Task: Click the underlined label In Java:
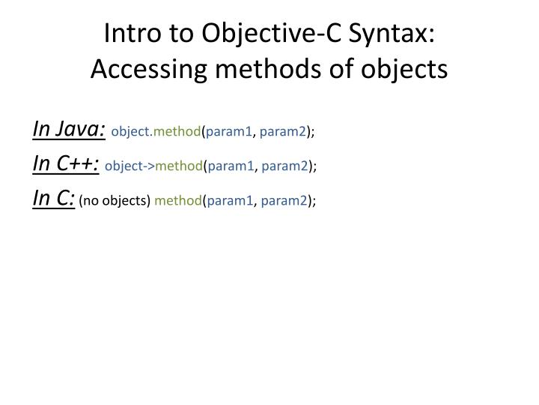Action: [69, 130]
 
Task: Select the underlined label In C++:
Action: [66, 164]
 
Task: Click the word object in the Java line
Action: [130, 132]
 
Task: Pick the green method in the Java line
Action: [177, 132]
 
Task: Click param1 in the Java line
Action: [229, 132]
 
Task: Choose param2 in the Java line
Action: [283, 132]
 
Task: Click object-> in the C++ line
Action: [130, 166]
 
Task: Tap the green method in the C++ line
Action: [179, 166]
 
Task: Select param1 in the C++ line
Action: [231, 166]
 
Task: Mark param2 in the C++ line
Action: [285, 166]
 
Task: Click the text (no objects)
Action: [115, 200]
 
